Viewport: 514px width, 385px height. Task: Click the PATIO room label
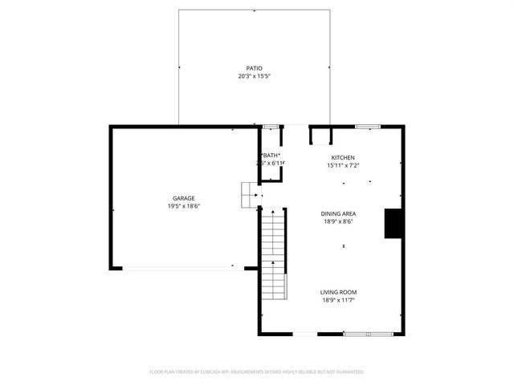pos(254,68)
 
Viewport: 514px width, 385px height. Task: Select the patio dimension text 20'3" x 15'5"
pos(254,76)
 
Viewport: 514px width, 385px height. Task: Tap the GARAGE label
pos(183,198)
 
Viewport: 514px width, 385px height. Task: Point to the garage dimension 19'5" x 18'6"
pos(183,206)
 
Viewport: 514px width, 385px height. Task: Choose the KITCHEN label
pos(343,157)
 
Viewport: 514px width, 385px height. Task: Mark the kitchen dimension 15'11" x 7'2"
pos(343,165)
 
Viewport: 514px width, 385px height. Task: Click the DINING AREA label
pos(338,213)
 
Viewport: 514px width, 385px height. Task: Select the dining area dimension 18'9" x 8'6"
pos(338,221)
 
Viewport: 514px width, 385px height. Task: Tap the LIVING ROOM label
pos(338,292)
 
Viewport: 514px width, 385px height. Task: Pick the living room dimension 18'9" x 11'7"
pos(338,300)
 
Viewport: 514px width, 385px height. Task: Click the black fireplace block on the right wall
pos(394,224)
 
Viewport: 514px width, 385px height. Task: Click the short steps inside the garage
pos(248,194)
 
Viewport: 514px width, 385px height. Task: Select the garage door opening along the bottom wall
pos(178,267)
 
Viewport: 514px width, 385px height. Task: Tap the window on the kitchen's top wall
pos(368,126)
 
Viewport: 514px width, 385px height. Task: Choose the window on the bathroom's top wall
pos(271,126)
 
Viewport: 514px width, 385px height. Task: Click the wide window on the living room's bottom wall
pos(366,333)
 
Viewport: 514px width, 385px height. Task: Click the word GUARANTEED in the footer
pos(349,372)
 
